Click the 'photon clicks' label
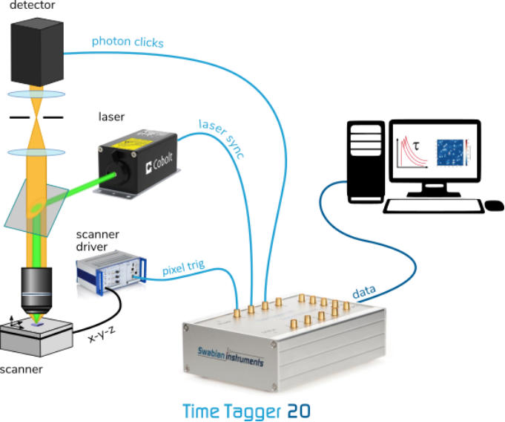point(127,42)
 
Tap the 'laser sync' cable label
point(222,137)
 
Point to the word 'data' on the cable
point(363,293)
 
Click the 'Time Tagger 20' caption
point(246,411)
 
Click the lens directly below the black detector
point(36,94)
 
